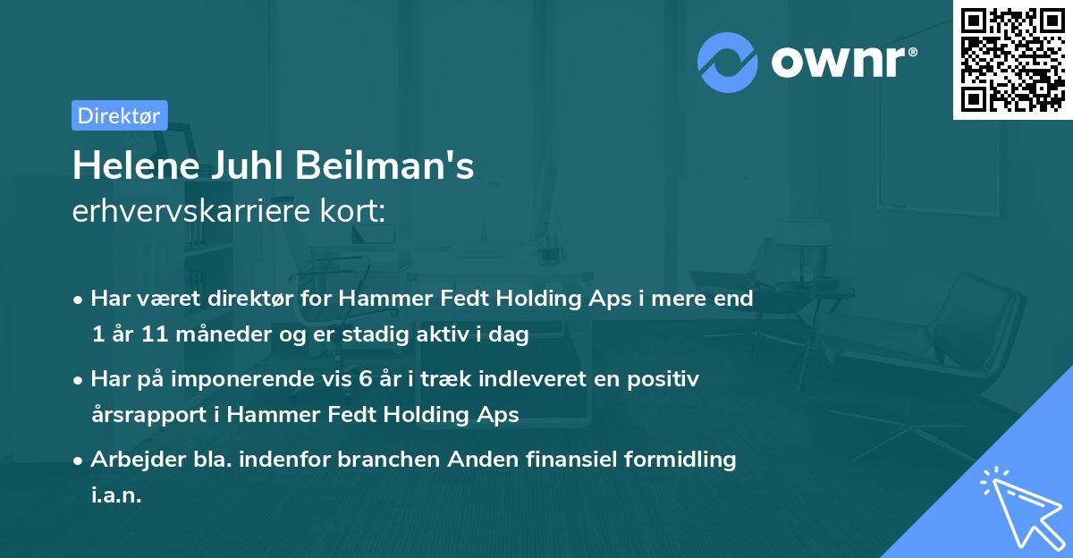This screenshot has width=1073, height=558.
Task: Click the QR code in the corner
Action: coord(1012,60)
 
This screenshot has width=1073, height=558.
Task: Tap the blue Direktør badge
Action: coord(120,115)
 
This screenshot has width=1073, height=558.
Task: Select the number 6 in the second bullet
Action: coord(366,379)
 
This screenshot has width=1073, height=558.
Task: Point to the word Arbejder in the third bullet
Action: coord(128,460)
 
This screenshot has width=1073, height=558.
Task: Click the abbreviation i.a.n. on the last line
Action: coord(116,495)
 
